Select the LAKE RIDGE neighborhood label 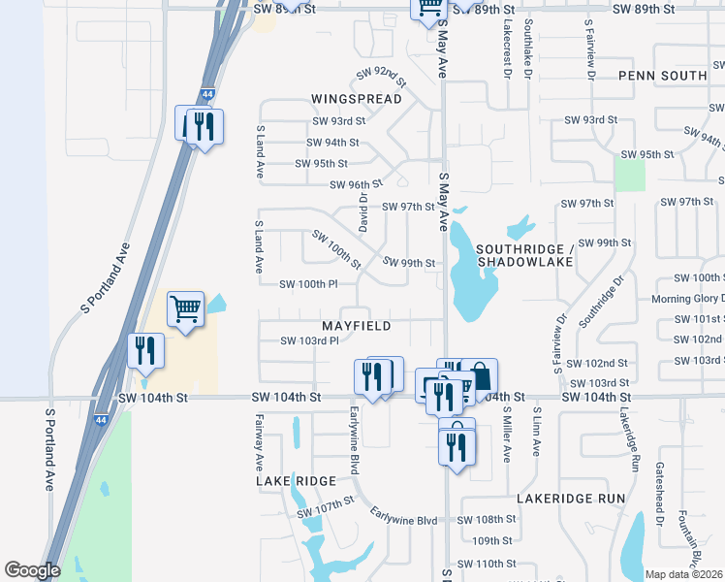[x=296, y=481]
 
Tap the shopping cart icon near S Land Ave [x=185, y=310]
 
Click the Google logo [x=31, y=570]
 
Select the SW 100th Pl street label [x=307, y=284]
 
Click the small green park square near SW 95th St [x=630, y=175]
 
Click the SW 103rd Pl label [x=308, y=340]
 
